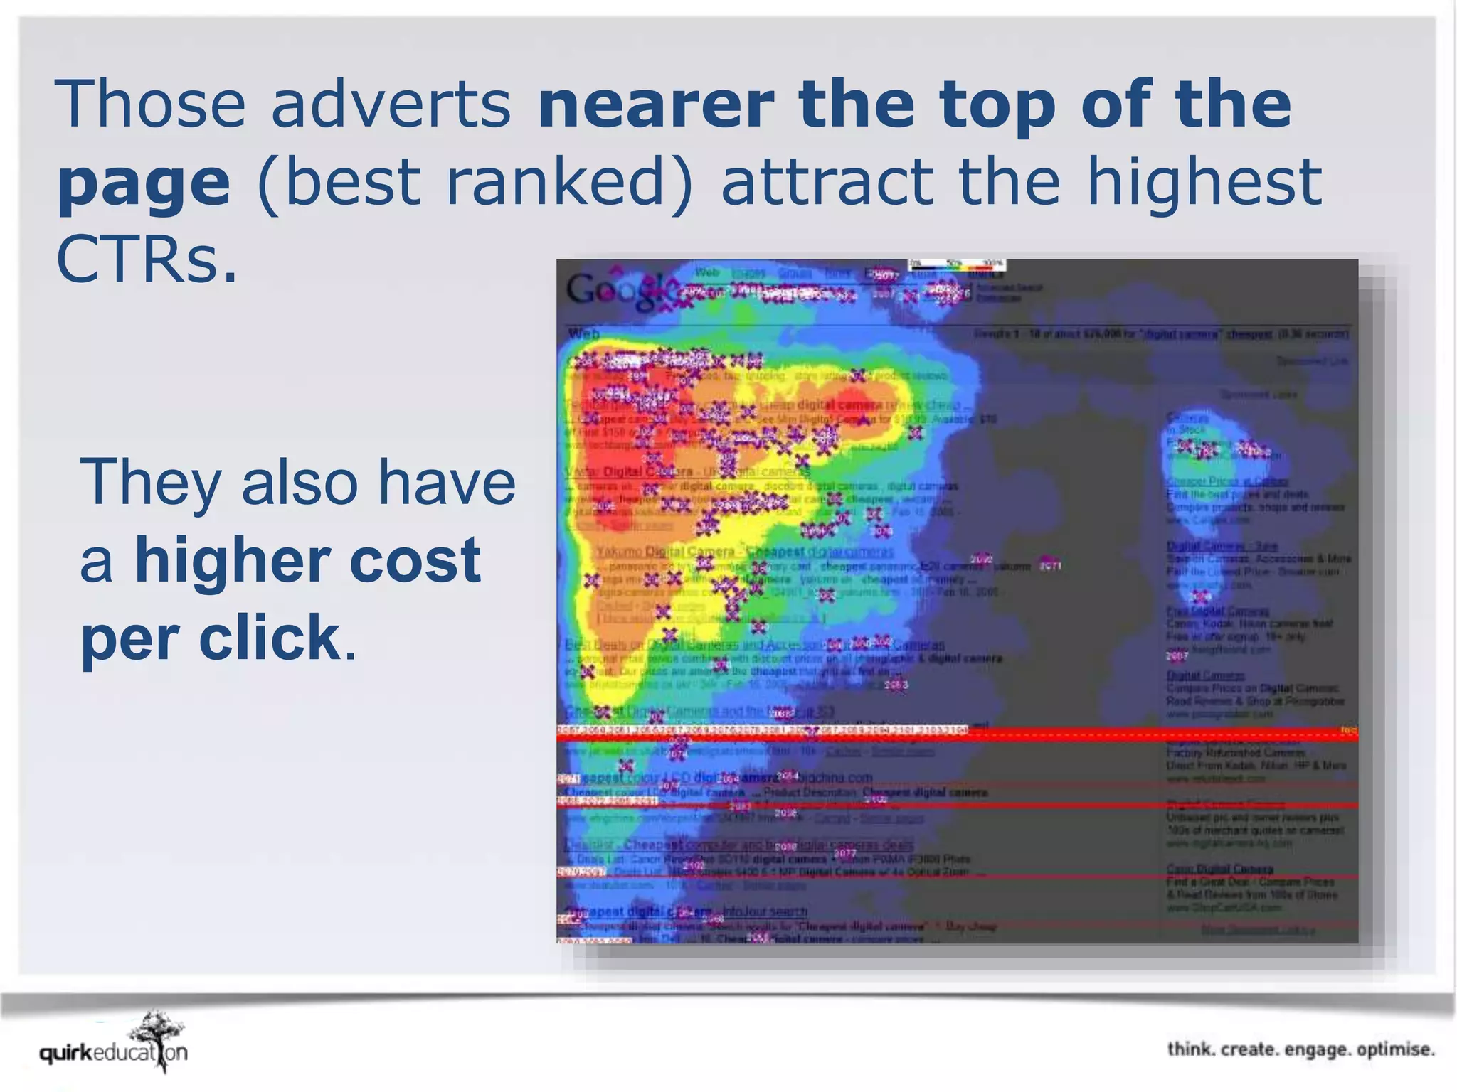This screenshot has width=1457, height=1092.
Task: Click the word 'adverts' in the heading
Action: pyautogui.click(x=391, y=104)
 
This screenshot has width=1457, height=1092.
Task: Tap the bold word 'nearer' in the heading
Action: pyautogui.click(x=655, y=104)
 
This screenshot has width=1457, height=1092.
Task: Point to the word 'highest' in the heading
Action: pyautogui.click(x=1204, y=182)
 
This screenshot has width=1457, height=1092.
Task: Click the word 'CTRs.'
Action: pyautogui.click(x=146, y=259)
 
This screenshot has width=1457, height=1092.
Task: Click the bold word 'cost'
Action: pyautogui.click(x=415, y=561)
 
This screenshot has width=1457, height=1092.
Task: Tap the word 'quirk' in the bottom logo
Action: pyautogui.click(x=66, y=1053)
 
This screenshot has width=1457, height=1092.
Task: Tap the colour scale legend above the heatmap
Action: pyautogui.click(x=956, y=264)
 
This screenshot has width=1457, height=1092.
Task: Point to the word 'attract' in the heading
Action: pyautogui.click(x=827, y=182)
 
